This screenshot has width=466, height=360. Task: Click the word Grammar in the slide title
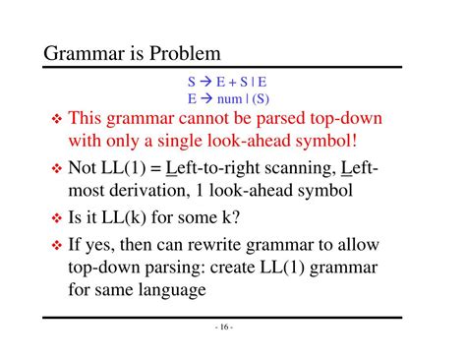pyautogui.click(x=85, y=51)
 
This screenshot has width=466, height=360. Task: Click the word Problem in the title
pyautogui.click(x=185, y=51)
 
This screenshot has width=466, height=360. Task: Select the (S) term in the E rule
pyautogui.click(x=260, y=99)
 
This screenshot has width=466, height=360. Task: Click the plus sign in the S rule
pyautogui.click(x=231, y=84)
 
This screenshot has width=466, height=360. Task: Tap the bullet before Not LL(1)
pyautogui.click(x=55, y=169)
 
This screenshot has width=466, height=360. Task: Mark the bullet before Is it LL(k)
pyautogui.click(x=55, y=217)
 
